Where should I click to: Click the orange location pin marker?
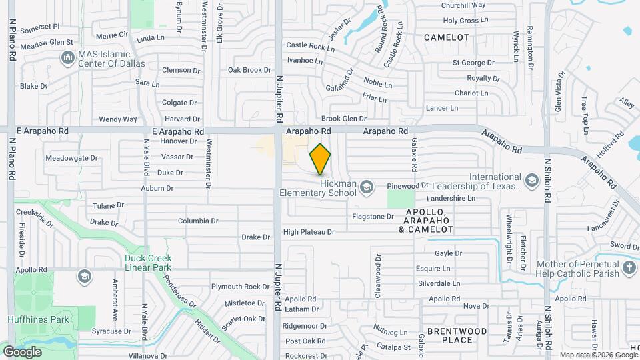coord(320,159)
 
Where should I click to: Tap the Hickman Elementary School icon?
coord(365,189)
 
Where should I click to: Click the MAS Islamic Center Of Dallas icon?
coord(67,59)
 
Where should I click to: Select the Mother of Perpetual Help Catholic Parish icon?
coord(629,269)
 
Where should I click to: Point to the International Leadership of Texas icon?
coord(531,181)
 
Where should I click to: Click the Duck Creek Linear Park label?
coord(148,262)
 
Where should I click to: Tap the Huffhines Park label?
coord(38,319)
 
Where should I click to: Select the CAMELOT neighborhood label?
coord(446,37)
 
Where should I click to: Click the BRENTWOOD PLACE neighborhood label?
coord(459,335)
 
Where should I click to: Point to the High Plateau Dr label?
coord(308,232)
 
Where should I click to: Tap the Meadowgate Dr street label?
coord(71,159)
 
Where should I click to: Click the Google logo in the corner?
coord(22,351)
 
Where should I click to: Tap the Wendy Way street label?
coord(117,119)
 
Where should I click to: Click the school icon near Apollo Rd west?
coord(84,275)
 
